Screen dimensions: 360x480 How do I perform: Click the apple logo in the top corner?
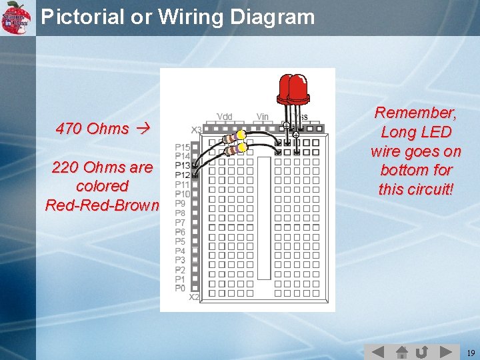16,16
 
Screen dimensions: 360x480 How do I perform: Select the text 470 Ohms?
93,129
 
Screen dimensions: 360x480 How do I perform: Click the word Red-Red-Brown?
102,205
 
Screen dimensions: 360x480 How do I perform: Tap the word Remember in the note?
415,113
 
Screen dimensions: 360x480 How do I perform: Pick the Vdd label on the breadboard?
225,117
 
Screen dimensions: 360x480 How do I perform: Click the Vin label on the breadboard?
263,117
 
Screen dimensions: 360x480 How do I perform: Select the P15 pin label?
183,147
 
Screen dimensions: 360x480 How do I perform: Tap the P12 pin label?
183,175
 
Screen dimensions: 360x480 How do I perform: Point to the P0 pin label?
181,289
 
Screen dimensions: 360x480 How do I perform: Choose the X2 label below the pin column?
194,297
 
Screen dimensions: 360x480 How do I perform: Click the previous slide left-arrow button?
377,351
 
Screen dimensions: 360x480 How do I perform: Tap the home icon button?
402,351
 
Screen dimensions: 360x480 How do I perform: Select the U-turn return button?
421,351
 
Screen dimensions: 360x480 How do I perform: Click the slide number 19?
471,352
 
